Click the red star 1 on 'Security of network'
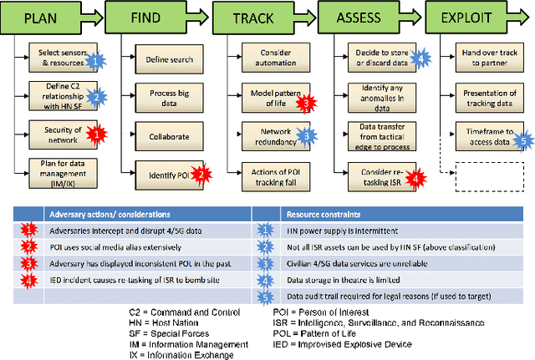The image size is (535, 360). click(96, 133)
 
